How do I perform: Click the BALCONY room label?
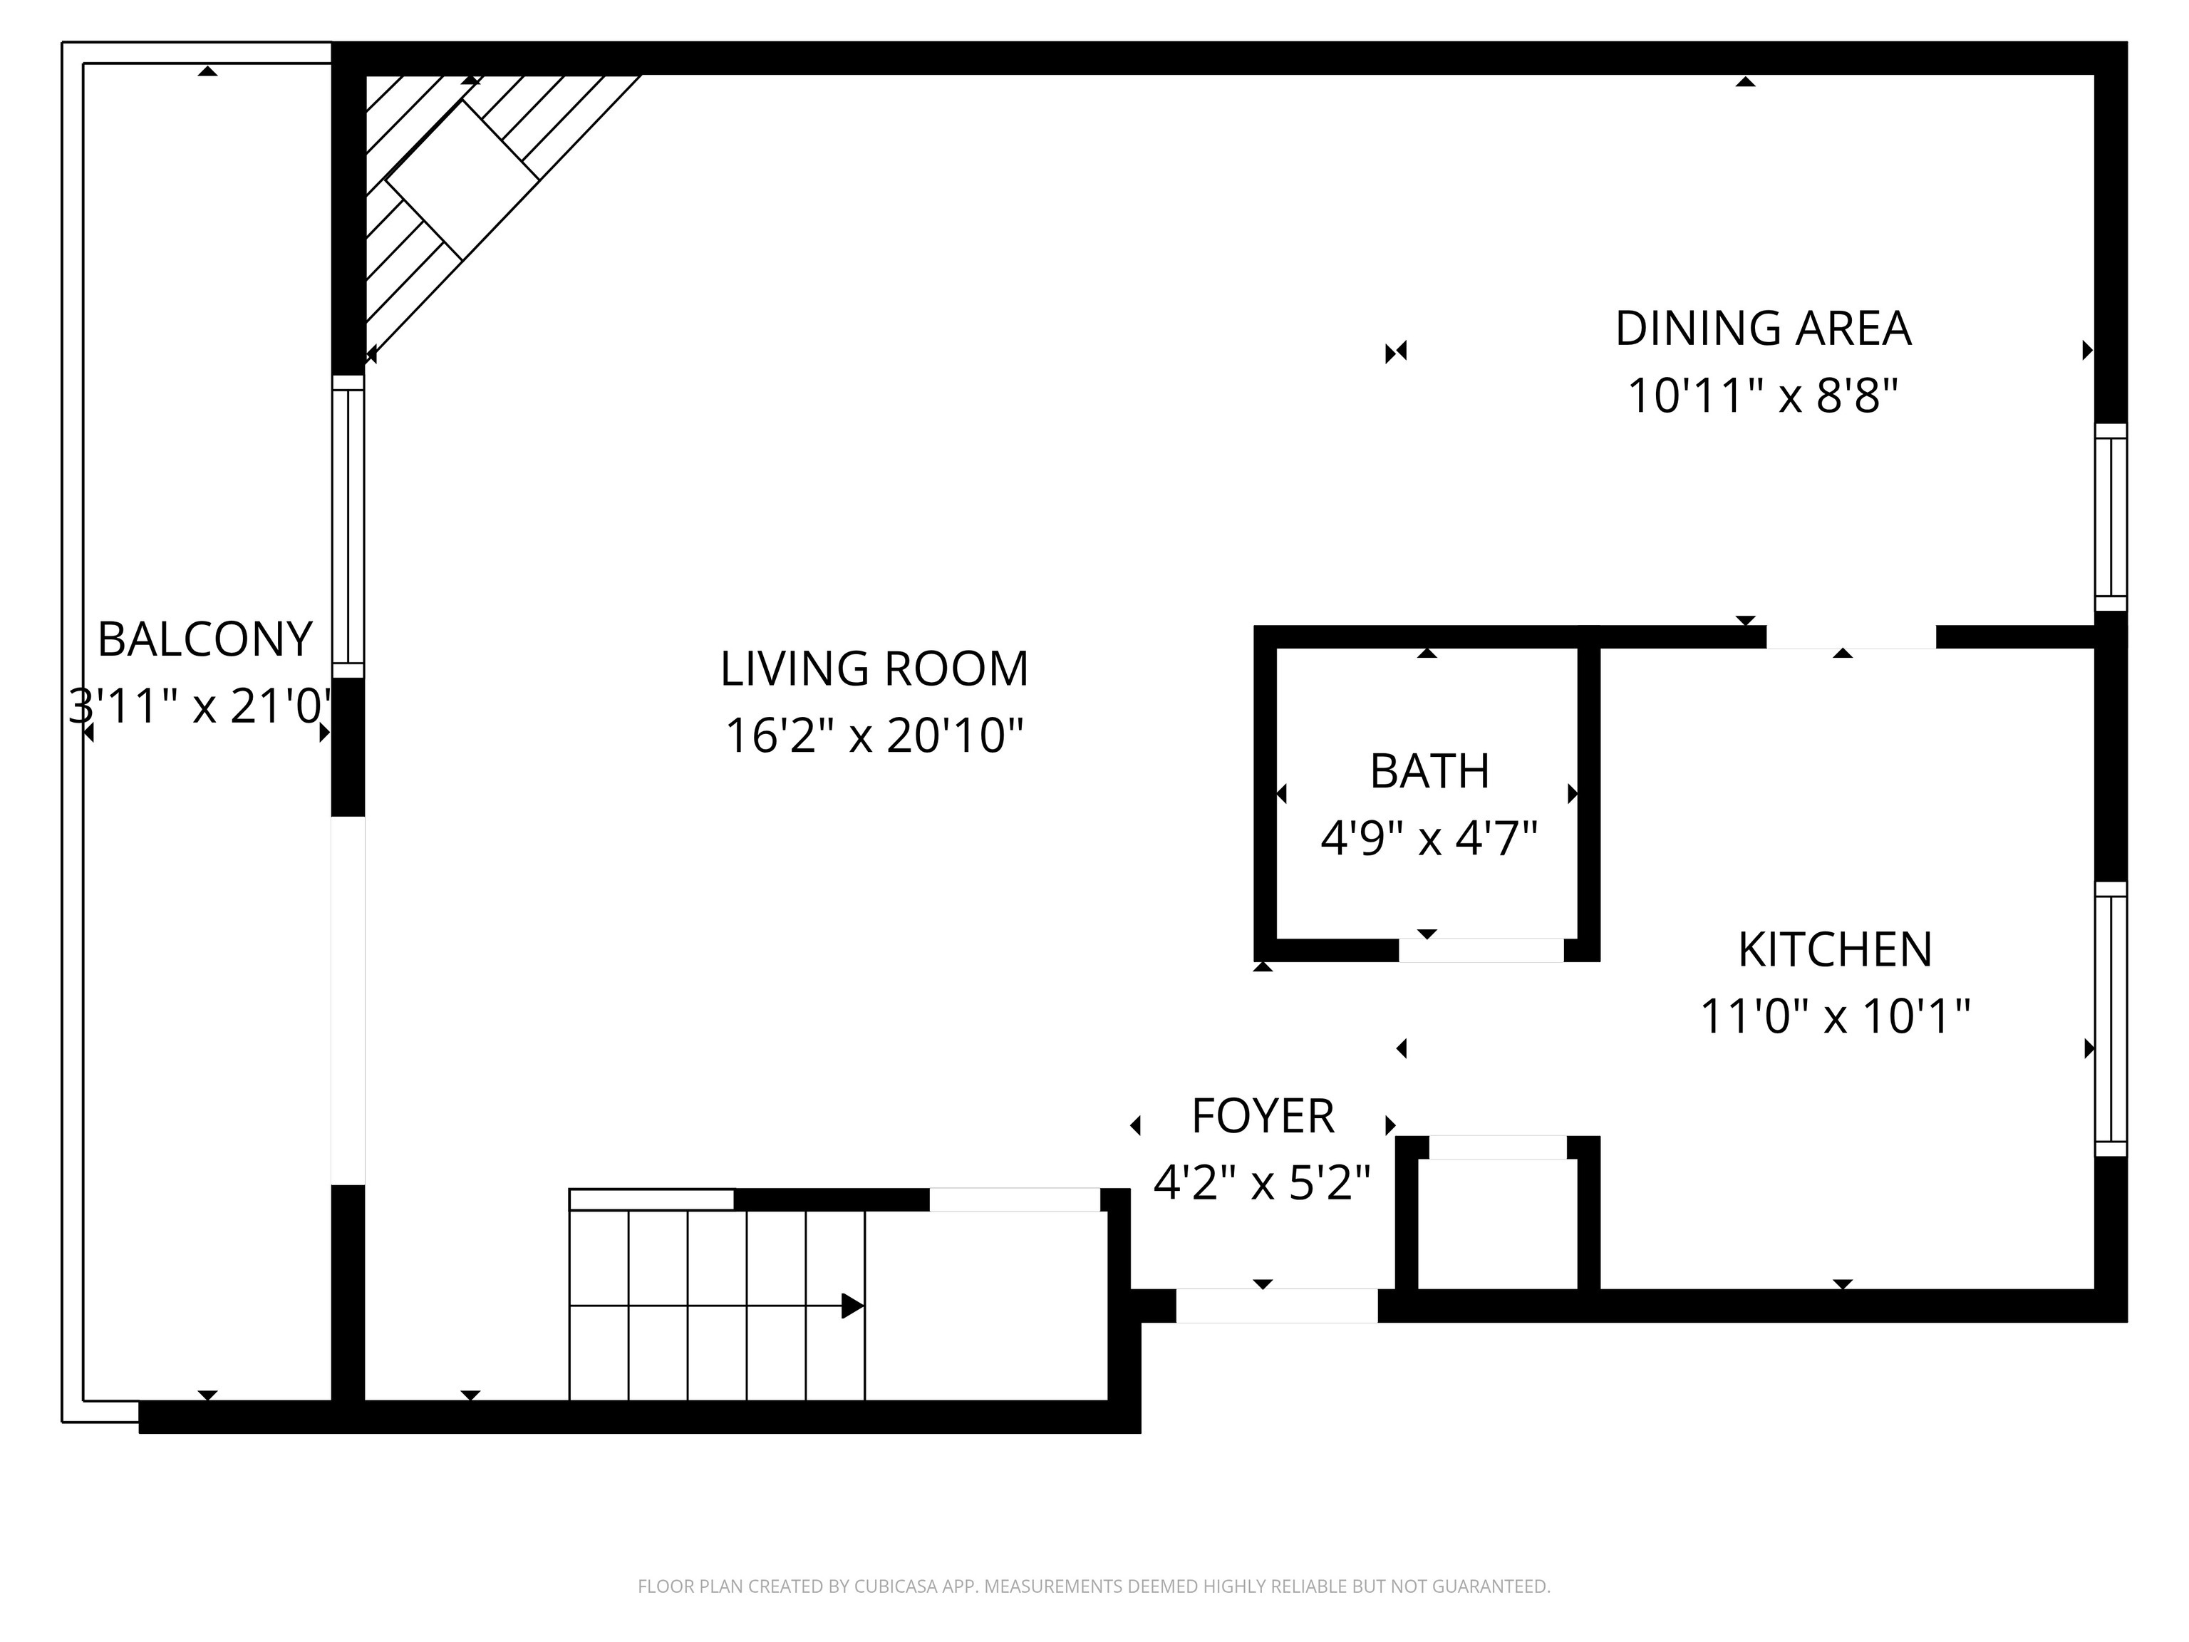click(x=205, y=639)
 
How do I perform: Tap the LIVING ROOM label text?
click(x=874, y=669)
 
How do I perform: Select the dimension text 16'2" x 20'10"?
click(x=874, y=736)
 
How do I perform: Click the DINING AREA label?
click(x=1762, y=329)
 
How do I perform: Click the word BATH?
click(x=1429, y=771)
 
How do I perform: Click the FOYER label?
click(x=1263, y=1117)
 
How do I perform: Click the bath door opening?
click(x=1481, y=950)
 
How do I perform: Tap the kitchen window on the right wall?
click(x=2111, y=1018)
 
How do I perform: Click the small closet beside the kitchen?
click(x=1497, y=1224)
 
